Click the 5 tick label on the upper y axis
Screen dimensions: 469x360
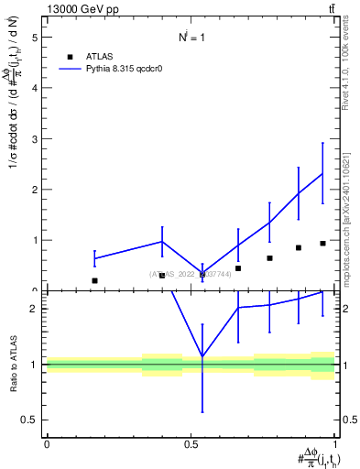coord(35,38)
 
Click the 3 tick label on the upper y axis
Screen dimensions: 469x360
coord(35,139)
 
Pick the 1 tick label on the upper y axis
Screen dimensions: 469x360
coord(35,240)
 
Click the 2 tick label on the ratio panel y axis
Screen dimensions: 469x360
coord(35,309)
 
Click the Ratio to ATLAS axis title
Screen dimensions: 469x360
coord(13,364)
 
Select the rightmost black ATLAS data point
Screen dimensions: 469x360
coord(322,244)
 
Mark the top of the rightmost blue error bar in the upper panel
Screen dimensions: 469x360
coord(322,143)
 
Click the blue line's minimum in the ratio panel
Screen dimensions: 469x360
coord(202,356)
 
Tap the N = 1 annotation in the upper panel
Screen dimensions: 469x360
coord(191,38)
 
